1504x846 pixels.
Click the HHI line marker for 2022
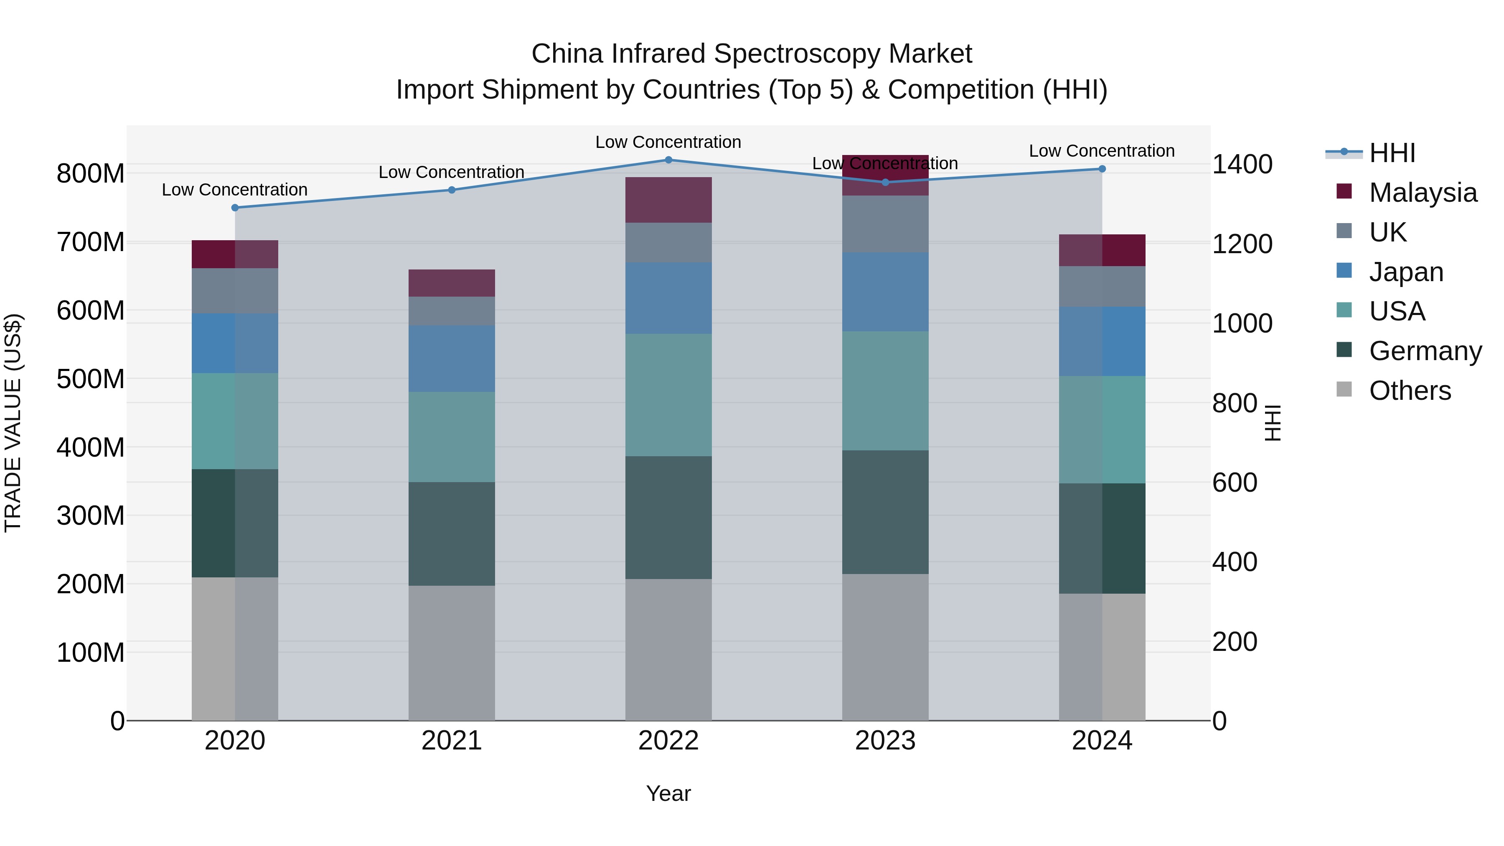pyautogui.click(x=668, y=160)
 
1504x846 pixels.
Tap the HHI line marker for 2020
pyautogui.click(x=235, y=208)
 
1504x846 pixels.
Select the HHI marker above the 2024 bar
pyautogui.click(x=1102, y=169)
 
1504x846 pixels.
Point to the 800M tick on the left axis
pyautogui.click(x=91, y=174)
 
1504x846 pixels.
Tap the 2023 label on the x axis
pyautogui.click(x=885, y=741)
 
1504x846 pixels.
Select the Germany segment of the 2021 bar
pyautogui.click(x=451, y=534)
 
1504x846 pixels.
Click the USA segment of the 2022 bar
pyautogui.click(x=668, y=395)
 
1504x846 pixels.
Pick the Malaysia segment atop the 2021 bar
pyautogui.click(x=451, y=283)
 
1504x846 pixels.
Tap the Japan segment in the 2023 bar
pyautogui.click(x=885, y=292)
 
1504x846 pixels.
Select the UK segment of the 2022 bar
pyautogui.click(x=668, y=243)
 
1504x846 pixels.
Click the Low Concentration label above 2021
pyautogui.click(x=451, y=172)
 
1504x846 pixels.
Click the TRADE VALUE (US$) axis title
pyautogui.click(x=13, y=423)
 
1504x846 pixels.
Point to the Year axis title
pyautogui.click(x=668, y=793)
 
